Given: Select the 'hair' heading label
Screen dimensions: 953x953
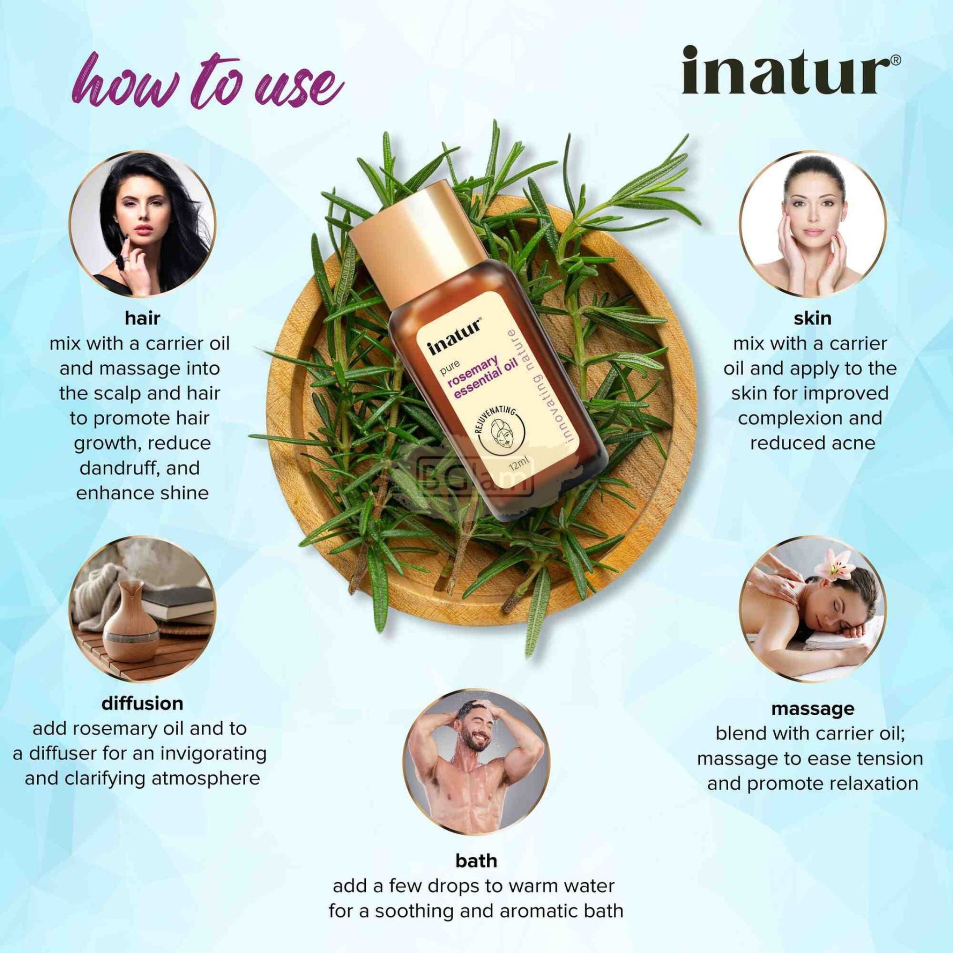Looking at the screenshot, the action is click(x=142, y=318).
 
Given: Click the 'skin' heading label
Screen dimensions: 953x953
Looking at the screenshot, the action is click(x=812, y=318).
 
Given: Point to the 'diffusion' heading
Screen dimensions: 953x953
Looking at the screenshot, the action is click(x=142, y=703).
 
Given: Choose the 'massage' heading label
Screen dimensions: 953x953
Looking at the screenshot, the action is click(x=812, y=709).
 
